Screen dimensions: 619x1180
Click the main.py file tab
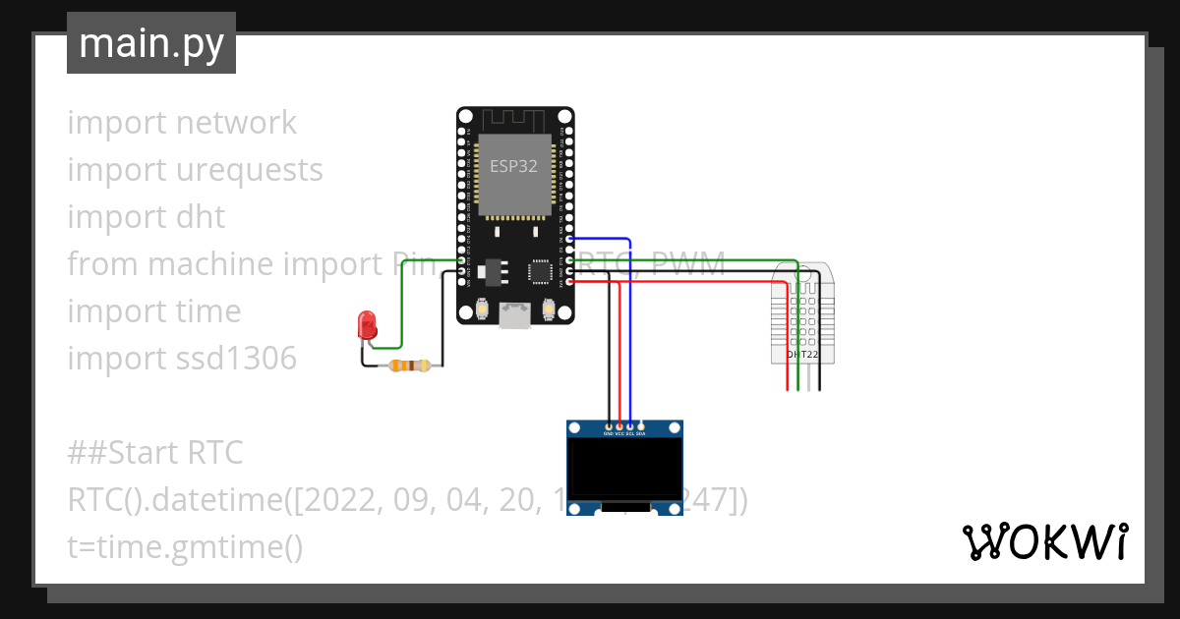tap(150, 43)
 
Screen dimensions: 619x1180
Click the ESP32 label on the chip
tap(514, 166)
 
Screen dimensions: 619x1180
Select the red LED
tap(367, 324)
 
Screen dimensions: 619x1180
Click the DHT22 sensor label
tap(802, 354)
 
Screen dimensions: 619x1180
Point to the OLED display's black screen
tap(624, 468)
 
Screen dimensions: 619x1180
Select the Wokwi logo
tap(1043, 541)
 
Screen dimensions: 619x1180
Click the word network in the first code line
tap(236, 123)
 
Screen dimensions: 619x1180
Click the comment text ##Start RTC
tap(154, 453)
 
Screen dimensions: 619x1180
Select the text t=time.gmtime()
tap(185, 547)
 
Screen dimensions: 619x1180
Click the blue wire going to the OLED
tap(629, 334)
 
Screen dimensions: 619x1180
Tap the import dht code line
tap(146, 217)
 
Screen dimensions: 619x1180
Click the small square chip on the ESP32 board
tap(540, 271)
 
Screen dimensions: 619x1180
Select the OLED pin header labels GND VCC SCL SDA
tap(624, 433)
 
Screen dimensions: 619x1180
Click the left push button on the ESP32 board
tap(483, 309)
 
